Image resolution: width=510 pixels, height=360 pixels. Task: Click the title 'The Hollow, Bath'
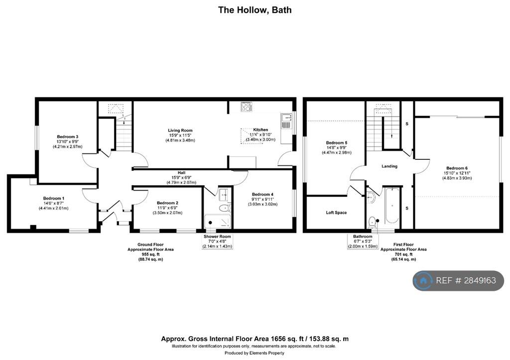click(255, 9)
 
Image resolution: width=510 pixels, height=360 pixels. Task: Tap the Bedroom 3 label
click(68, 136)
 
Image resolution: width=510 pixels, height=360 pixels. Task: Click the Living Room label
click(180, 130)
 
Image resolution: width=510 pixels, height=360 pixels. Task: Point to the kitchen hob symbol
click(247, 106)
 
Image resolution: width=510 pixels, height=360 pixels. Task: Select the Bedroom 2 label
click(167, 203)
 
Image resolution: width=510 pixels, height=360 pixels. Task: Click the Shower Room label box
click(218, 241)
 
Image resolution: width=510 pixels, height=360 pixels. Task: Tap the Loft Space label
click(336, 213)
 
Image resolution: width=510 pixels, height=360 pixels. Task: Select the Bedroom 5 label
click(336, 143)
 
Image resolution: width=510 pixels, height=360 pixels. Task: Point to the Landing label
click(389, 166)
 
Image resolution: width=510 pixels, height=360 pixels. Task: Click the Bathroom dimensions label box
click(363, 241)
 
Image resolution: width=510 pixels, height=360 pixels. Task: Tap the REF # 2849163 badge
click(458, 281)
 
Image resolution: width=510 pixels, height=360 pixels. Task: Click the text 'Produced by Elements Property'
click(255, 353)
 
